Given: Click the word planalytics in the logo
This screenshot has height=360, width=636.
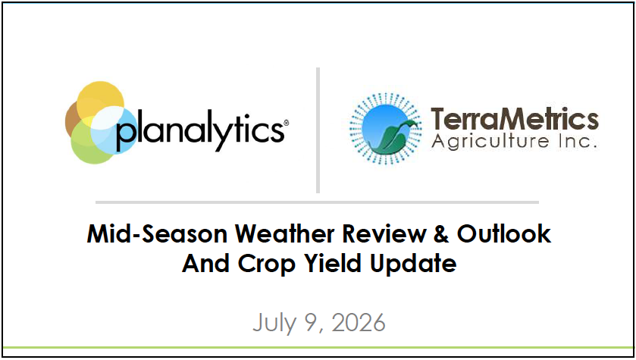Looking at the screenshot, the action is [199, 130].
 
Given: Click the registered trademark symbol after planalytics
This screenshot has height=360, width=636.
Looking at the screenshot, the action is [286, 123].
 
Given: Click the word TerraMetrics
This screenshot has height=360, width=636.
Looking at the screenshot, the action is [514, 120].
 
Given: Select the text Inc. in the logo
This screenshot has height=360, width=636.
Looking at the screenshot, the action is [577, 141].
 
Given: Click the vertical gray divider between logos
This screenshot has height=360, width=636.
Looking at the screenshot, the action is [318, 130].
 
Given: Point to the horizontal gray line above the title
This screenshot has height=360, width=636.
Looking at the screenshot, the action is [317, 202].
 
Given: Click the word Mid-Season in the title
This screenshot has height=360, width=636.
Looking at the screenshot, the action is [157, 234].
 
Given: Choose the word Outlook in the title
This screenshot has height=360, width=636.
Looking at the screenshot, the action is [504, 234].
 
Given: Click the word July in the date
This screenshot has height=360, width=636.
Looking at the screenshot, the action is [274, 324].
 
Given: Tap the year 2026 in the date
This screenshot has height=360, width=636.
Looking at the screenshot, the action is [358, 323].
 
